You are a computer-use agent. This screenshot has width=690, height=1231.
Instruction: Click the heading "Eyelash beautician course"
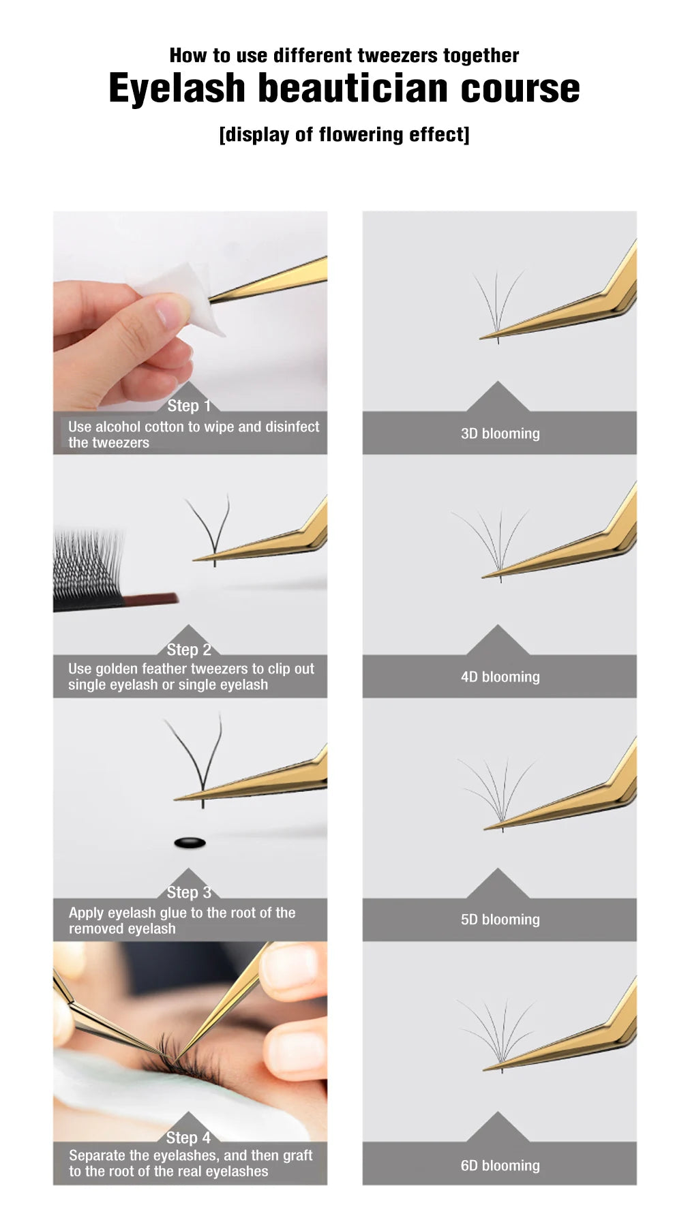pos(344,89)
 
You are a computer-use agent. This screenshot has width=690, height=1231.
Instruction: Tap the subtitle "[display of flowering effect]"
pos(344,134)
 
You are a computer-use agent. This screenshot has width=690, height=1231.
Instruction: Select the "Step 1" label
pos(189,406)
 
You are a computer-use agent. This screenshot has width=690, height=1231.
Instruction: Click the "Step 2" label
pos(189,650)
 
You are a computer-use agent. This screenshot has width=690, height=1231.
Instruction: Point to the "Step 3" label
pos(189,892)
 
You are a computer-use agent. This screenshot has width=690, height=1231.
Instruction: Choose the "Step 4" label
pos(189,1137)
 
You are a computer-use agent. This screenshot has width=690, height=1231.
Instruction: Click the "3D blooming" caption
pos(500,434)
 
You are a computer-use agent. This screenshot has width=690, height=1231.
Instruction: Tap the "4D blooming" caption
pos(500,677)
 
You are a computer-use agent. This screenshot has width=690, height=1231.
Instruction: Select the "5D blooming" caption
pos(500,920)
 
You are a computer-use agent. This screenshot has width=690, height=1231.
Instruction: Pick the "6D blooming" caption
pos(500,1166)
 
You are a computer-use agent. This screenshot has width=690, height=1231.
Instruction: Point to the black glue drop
pos(190,843)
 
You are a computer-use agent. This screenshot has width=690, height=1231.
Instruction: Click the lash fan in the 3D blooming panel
pos(498,303)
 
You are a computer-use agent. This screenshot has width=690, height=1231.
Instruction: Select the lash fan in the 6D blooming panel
pos(498,1035)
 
